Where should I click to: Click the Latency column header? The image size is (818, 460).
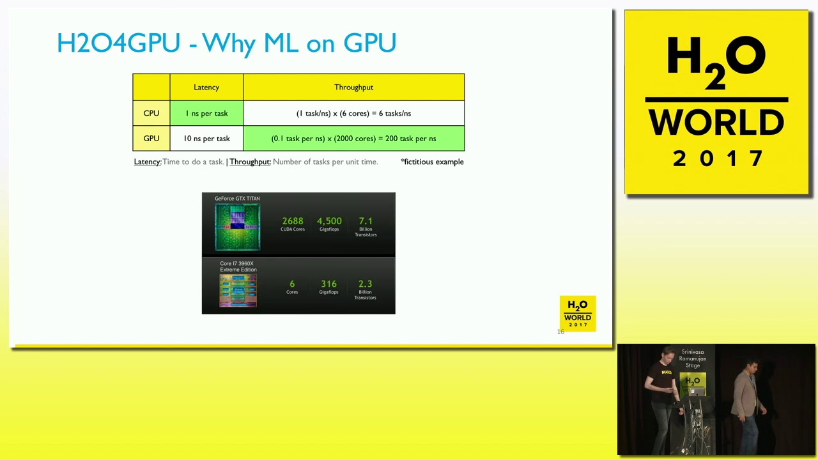(206, 88)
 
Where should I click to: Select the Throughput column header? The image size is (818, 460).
(353, 88)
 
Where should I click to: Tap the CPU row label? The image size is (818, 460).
(151, 113)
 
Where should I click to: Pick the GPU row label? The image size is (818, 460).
(151, 139)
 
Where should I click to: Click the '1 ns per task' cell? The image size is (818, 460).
(206, 113)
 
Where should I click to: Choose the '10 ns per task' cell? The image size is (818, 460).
(206, 139)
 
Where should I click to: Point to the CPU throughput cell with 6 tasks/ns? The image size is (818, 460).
(353, 113)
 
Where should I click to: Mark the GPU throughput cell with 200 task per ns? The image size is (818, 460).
(353, 139)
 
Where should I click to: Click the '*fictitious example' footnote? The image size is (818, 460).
(432, 162)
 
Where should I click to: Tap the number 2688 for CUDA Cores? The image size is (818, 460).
(293, 221)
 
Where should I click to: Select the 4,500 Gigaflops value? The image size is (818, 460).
(329, 221)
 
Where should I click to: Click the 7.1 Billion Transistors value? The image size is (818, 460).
(366, 221)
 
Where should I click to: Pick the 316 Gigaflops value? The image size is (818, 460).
(328, 284)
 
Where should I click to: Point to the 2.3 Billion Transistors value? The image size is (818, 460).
(366, 284)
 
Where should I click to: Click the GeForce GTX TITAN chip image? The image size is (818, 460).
(238, 227)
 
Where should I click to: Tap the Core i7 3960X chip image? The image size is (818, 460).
(238, 291)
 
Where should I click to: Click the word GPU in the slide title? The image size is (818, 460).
(370, 43)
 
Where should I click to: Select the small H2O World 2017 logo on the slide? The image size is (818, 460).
(578, 313)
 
